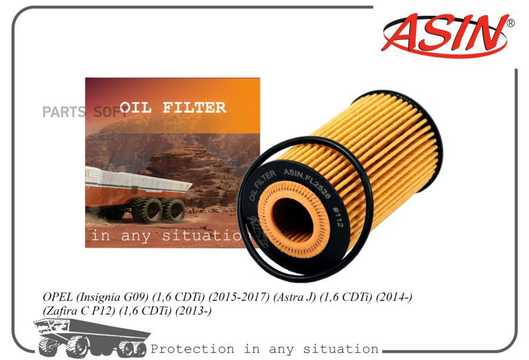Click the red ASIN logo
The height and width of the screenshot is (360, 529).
click(445, 35)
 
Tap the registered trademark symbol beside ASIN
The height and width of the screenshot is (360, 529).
click(511, 23)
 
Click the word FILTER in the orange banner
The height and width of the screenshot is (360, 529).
click(194, 107)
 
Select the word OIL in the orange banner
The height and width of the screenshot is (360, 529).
click(135, 107)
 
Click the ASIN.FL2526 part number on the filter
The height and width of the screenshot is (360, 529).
click(307, 183)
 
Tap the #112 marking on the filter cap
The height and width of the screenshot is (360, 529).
click(338, 217)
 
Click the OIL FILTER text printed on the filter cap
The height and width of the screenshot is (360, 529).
click(262, 185)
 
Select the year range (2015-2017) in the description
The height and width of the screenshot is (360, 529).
click(239, 297)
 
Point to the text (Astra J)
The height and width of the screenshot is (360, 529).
click(294, 297)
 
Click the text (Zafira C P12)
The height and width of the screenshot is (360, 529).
click(79, 311)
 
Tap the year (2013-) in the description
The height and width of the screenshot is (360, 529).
click(193, 311)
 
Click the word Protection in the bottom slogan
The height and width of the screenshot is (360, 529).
click(192, 349)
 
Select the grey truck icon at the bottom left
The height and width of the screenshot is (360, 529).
click(91, 338)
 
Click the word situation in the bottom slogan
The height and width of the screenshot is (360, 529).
click(340, 349)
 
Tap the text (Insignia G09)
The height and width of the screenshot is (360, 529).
click(112, 297)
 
